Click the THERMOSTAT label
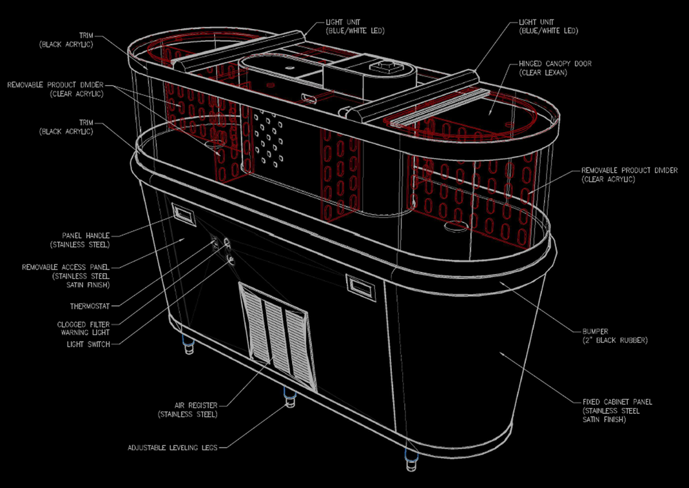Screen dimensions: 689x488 90,306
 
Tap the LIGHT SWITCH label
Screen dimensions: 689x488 88,344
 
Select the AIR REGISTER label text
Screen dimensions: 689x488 195,405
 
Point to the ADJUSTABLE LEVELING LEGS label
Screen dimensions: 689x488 173,448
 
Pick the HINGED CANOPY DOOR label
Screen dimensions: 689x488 555,64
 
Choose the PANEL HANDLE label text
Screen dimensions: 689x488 86,236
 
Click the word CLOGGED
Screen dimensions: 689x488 72,325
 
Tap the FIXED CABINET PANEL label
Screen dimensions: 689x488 617,402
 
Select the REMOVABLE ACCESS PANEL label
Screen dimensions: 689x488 66,268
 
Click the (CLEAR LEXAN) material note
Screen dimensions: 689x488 543,73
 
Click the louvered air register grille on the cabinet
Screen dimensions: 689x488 278,337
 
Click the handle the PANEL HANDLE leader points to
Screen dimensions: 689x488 184,215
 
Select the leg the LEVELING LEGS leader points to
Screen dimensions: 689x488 289,396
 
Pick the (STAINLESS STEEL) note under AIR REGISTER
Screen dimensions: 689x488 188,414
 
